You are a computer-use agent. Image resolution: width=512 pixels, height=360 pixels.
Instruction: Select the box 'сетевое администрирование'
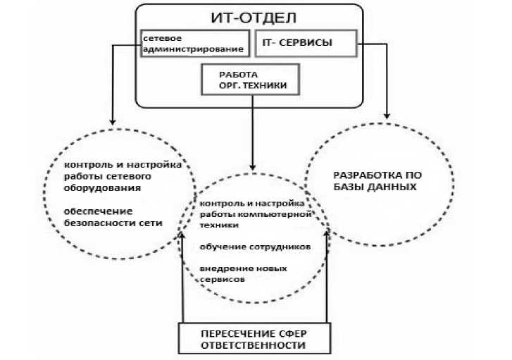(195, 43)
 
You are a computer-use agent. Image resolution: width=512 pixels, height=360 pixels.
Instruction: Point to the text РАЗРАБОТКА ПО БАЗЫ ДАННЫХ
(377, 181)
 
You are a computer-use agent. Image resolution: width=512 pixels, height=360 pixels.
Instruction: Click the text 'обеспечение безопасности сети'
(113, 218)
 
